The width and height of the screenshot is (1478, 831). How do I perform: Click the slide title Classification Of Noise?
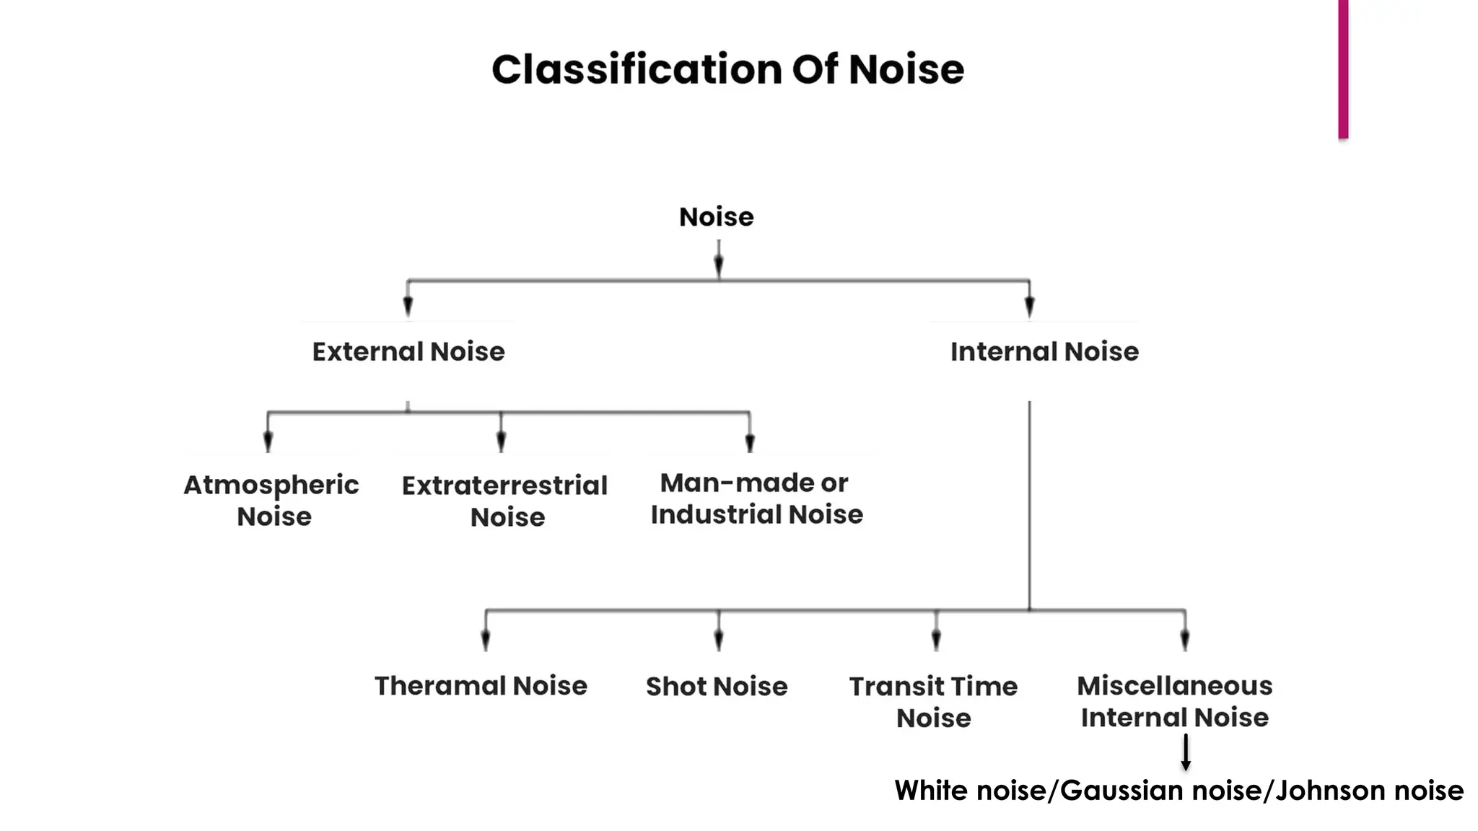click(727, 70)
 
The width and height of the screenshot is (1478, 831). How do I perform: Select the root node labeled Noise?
click(716, 216)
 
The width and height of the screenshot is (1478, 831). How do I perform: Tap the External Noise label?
click(408, 351)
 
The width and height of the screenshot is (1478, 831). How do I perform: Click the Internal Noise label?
click(1044, 351)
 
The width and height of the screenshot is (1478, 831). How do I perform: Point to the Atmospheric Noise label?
click(271, 500)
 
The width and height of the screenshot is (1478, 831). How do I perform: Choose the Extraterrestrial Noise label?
click(505, 501)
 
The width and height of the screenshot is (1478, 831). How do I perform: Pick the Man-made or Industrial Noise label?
click(756, 498)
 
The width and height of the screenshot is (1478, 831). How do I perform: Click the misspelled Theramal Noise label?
click(481, 685)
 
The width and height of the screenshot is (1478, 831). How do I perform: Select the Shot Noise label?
click(717, 686)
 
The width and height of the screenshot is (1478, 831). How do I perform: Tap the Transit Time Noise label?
click(933, 701)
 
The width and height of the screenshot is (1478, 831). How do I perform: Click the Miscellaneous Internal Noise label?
click(1174, 701)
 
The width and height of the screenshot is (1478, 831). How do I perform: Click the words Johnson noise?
click(1369, 791)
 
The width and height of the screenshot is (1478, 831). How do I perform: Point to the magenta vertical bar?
click(1343, 69)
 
